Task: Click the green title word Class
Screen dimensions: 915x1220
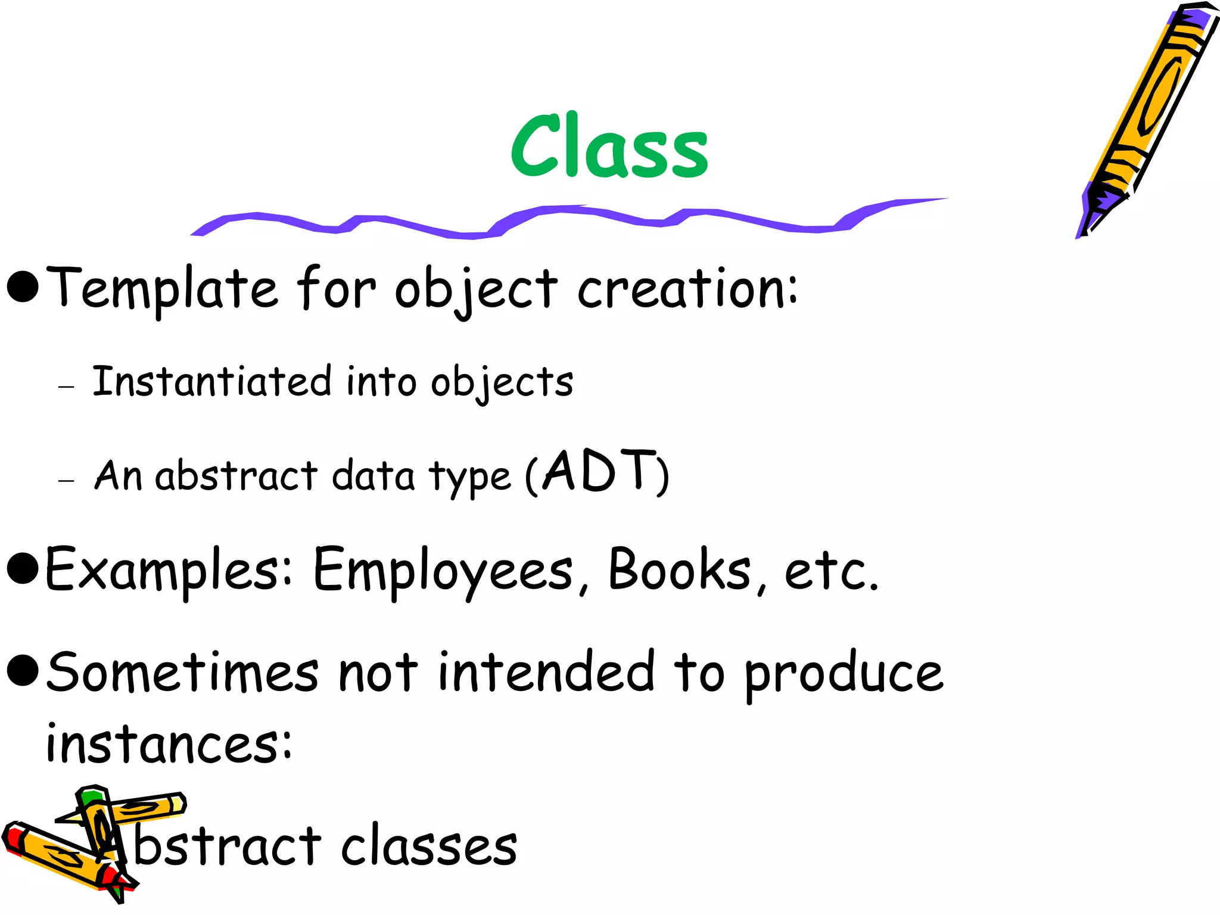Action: point(609,146)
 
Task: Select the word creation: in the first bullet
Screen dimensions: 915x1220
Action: point(687,288)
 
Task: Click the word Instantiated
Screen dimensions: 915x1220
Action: point(211,381)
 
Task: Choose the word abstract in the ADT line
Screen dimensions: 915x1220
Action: point(236,476)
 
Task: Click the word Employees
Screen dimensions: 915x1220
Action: point(443,571)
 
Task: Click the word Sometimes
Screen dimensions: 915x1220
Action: point(182,673)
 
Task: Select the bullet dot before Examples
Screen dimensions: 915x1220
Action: point(23,568)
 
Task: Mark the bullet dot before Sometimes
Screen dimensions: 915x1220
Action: point(23,670)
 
